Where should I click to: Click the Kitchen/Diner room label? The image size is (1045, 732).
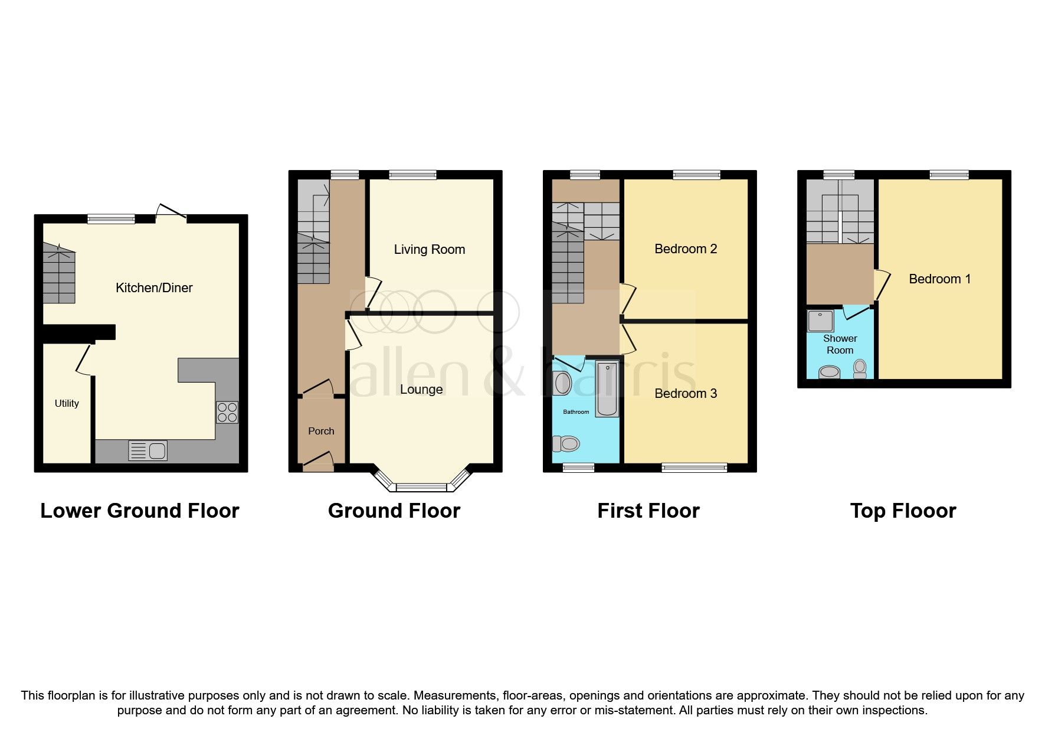[x=154, y=288]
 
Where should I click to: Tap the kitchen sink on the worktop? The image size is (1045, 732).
[x=148, y=451]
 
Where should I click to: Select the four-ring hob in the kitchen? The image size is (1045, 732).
[x=227, y=412]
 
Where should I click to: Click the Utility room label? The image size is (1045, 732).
[x=67, y=403]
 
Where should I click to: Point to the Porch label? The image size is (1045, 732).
[x=321, y=432]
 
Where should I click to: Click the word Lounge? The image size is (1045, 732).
[x=421, y=390]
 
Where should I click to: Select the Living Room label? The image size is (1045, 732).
[x=430, y=250]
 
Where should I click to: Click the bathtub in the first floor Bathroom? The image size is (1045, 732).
[x=607, y=390]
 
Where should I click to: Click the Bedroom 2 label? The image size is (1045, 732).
[x=686, y=249]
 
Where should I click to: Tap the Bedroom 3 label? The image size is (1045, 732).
[x=686, y=394]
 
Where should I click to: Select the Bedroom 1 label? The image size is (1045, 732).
[x=939, y=279]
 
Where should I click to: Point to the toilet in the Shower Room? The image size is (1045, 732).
[x=860, y=369]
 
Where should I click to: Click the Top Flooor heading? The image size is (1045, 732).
[x=903, y=511]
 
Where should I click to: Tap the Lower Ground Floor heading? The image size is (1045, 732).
[x=140, y=511]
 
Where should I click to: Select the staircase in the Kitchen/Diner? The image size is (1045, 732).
[x=59, y=274]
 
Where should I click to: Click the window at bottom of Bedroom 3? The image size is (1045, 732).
[x=694, y=468]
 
